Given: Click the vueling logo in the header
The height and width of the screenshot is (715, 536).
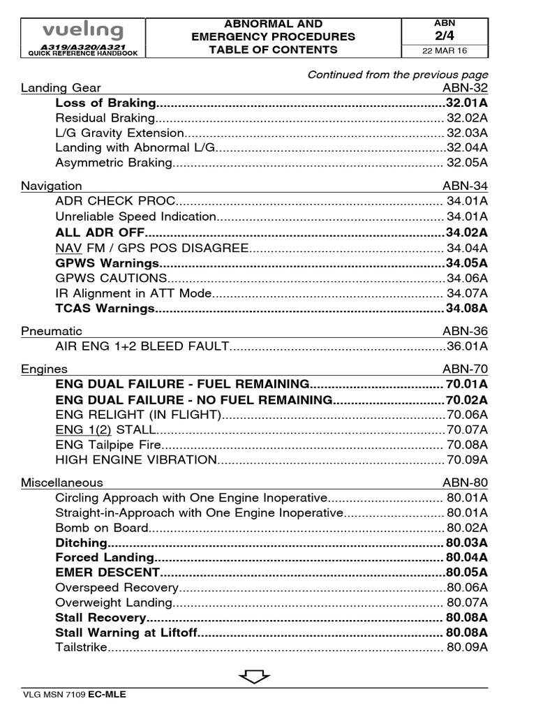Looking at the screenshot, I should click(82, 31).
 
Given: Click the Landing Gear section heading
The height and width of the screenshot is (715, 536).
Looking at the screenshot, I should click(61, 87).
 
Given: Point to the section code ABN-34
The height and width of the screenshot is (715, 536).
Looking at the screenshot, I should click(465, 186).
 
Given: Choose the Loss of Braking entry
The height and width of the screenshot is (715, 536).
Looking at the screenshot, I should click(106, 103).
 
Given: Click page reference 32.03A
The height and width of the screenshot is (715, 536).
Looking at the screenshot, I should click(467, 133).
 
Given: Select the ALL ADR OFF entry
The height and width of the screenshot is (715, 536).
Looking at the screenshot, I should click(100, 233).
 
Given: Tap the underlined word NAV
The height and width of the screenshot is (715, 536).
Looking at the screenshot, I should click(66, 248).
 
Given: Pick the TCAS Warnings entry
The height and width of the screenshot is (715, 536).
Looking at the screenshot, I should click(105, 308).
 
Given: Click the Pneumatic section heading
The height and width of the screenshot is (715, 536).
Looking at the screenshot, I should click(51, 331).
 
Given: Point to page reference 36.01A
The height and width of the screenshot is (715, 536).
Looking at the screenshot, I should click(467, 346).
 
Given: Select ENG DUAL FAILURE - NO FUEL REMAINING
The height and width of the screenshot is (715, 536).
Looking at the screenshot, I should click(193, 400).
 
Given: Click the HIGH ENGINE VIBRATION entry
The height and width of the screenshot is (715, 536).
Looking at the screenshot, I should click(136, 459).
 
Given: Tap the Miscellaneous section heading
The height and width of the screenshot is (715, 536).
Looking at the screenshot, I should click(61, 482).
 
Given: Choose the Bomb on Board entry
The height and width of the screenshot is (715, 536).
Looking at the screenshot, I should click(102, 528).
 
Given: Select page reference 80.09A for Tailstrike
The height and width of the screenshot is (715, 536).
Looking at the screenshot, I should click(467, 647).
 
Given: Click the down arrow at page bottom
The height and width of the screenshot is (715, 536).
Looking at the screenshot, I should click(254, 676).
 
